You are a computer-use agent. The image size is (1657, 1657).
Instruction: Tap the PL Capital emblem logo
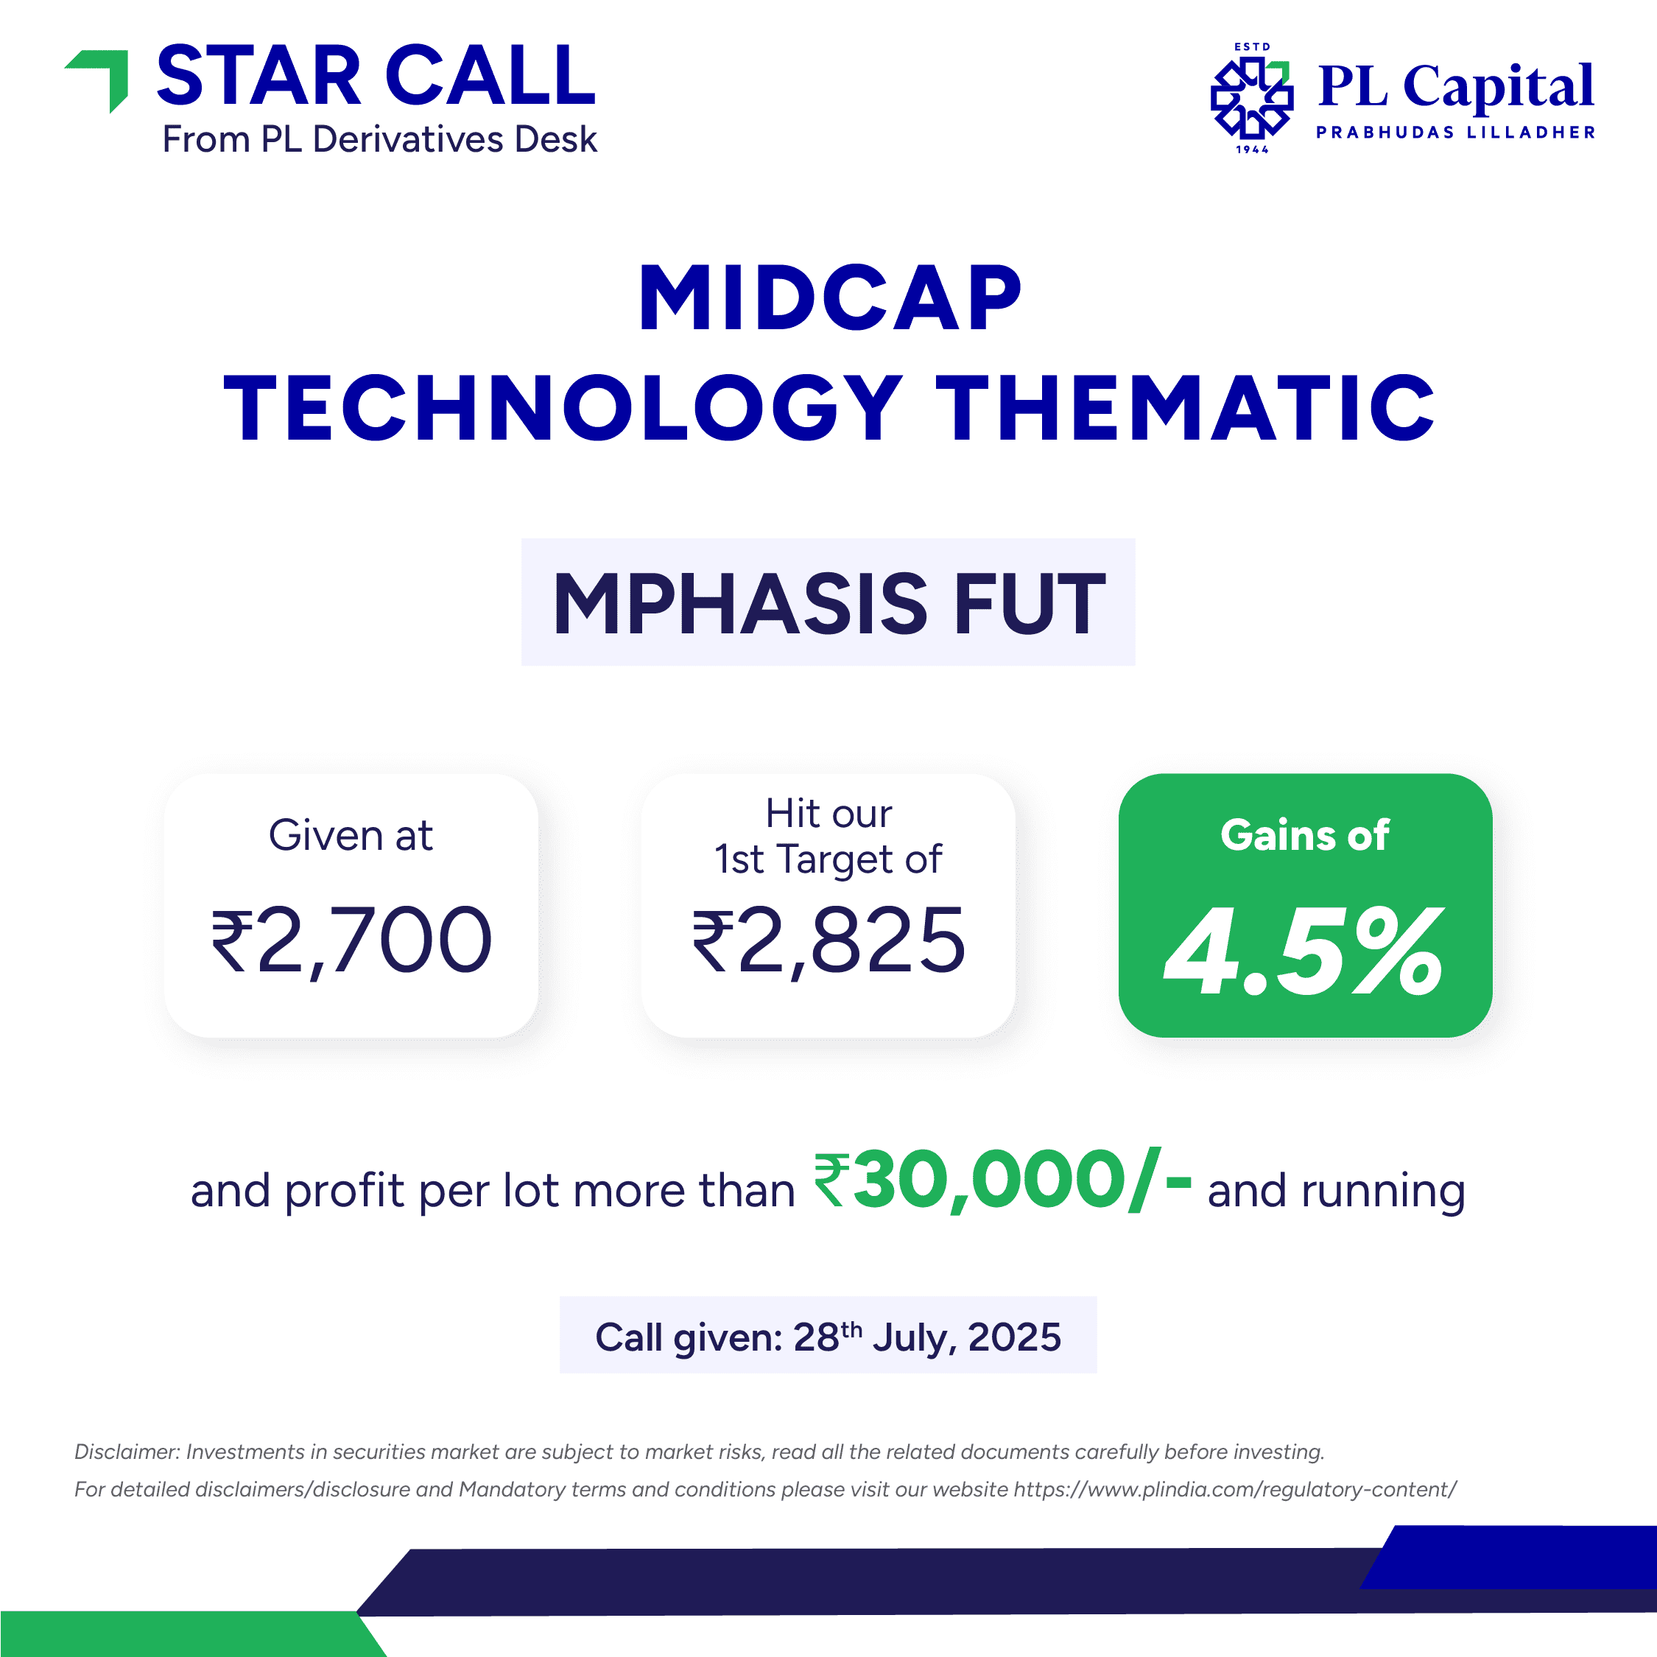pos(1252,99)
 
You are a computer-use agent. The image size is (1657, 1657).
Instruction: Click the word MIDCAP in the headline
pos(829,298)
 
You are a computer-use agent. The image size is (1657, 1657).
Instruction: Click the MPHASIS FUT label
pos(828,603)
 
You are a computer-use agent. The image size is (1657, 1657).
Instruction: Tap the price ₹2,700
pos(351,941)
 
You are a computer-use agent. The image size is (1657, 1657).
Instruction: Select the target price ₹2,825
pos(828,941)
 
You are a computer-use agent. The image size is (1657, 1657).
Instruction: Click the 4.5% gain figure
pos(1304,952)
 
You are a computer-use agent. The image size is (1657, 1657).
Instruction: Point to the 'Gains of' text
pos(1304,834)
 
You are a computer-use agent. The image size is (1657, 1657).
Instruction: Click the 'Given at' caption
pos(351,834)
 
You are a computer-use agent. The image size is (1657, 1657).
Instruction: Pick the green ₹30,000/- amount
pos(1002,1181)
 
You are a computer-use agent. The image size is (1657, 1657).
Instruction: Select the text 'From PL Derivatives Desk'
pos(380,139)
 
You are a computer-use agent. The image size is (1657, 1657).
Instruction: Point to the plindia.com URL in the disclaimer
pos(1235,1490)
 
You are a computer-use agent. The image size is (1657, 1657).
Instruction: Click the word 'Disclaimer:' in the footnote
pos(127,1452)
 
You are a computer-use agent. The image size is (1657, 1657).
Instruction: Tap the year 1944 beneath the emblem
pos(1252,150)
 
